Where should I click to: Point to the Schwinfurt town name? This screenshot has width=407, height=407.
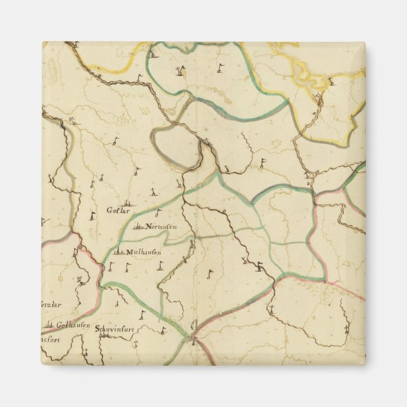pyautogui.click(x=116, y=329)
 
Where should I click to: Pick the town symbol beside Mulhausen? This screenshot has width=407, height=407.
pyautogui.click(x=118, y=252)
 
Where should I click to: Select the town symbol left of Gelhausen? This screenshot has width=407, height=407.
pyautogui.click(x=48, y=326)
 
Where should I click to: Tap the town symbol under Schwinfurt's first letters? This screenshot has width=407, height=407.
pyautogui.click(x=104, y=336)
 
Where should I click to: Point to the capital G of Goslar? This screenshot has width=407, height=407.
pyautogui.click(x=109, y=210)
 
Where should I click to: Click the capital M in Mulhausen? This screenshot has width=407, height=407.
pyautogui.click(x=129, y=252)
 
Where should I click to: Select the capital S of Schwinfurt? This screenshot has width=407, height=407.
pyautogui.click(x=98, y=329)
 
